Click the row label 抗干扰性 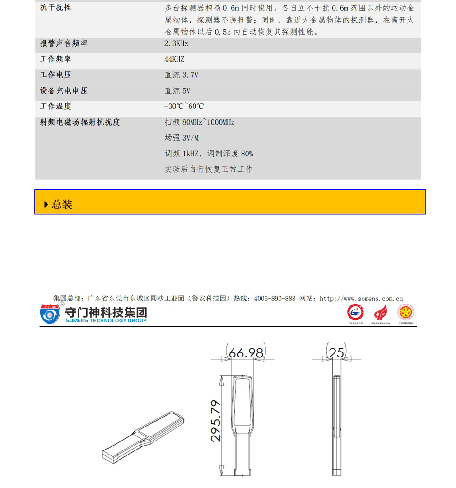(56, 8)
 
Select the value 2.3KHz (176, 43)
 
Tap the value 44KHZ (174, 59)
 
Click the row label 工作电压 (56, 75)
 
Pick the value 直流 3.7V (181, 75)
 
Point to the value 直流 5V (177, 91)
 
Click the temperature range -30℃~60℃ (184, 107)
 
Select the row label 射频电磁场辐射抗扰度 (80, 122)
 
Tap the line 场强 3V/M (181, 138)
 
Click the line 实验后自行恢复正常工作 (209, 169)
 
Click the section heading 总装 (62, 204)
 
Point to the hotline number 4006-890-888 (275, 299)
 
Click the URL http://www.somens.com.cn (361, 299)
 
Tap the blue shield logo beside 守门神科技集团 (50, 314)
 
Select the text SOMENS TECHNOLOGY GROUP (106, 321)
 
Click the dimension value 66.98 (246, 353)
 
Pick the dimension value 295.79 (216, 421)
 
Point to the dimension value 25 (336, 353)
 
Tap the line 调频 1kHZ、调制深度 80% (209, 154)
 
